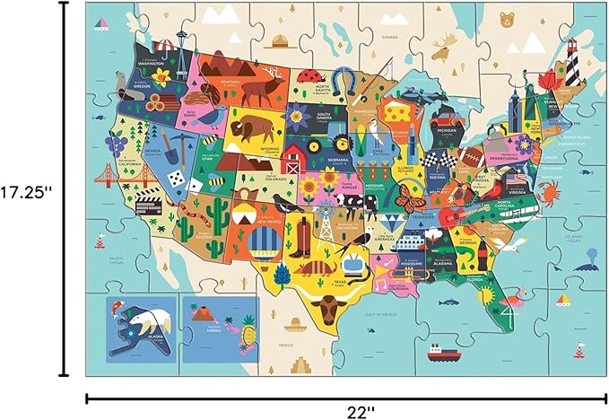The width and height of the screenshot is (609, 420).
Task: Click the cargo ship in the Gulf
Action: tap(442, 351)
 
